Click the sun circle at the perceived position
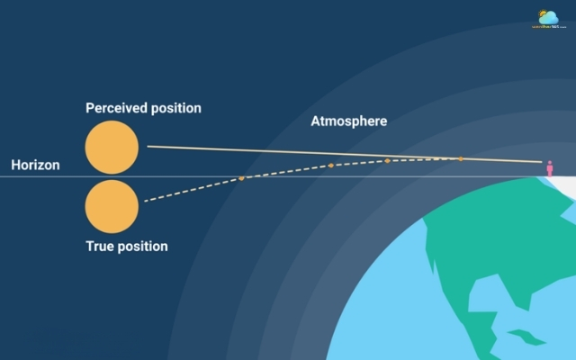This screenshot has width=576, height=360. tap(112, 148)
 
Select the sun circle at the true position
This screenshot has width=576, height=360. tap(112, 207)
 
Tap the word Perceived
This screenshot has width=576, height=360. tap(115, 108)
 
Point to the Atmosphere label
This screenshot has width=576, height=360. tap(349, 121)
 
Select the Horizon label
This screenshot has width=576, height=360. tap(35, 166)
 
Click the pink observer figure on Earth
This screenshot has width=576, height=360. tap(549, 169)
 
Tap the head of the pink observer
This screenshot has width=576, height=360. tap(549, 164)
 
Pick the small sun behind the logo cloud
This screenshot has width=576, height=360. tap(543, 13)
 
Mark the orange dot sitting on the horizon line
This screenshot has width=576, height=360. tap(241, 178)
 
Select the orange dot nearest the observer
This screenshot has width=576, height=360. tap(461, 159)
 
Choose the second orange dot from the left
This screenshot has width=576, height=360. tap(330, 166)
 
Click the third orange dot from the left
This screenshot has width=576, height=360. tap(387, 160)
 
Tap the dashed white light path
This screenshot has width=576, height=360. tap(193, 190)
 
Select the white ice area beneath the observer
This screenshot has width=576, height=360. tap(558, 184)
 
